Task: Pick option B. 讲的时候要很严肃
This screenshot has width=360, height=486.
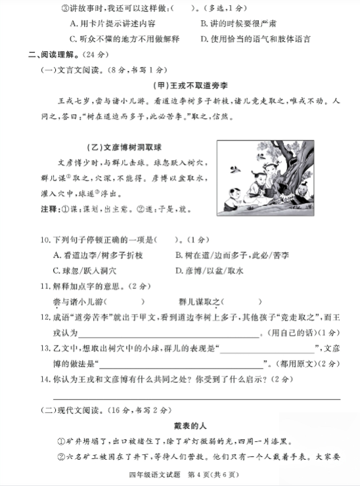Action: (236, 24)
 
